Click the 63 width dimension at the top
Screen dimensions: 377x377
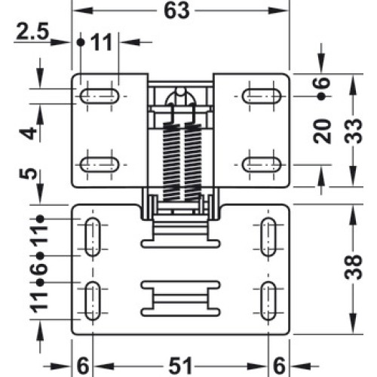tap(176, 11)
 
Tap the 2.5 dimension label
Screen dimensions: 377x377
tap(32, 32)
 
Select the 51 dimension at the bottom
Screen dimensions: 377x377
tap(180, 366)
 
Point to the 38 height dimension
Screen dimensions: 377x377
tap(353, 267)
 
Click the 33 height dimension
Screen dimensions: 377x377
tap(353, 131)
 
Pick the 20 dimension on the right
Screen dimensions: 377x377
tap(322, 131)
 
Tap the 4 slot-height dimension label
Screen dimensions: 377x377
tap(28, 133)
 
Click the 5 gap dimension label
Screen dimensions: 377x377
tap(28, 174)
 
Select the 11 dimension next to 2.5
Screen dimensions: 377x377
tap(102, 42)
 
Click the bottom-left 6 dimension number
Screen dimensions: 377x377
tap(83, 366)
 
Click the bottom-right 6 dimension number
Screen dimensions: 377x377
tap(279, 366)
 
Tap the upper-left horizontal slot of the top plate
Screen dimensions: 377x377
tap(100, 96)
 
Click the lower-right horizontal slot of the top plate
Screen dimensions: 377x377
tap(262, 164)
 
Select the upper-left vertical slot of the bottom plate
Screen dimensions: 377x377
tap(93, 237)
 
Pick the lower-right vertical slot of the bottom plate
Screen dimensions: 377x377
tap(268, 301)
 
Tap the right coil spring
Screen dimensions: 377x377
tap(193, 161)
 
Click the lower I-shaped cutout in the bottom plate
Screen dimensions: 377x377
tap(180, 299)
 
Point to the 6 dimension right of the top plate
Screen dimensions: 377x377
tap(322, 82)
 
